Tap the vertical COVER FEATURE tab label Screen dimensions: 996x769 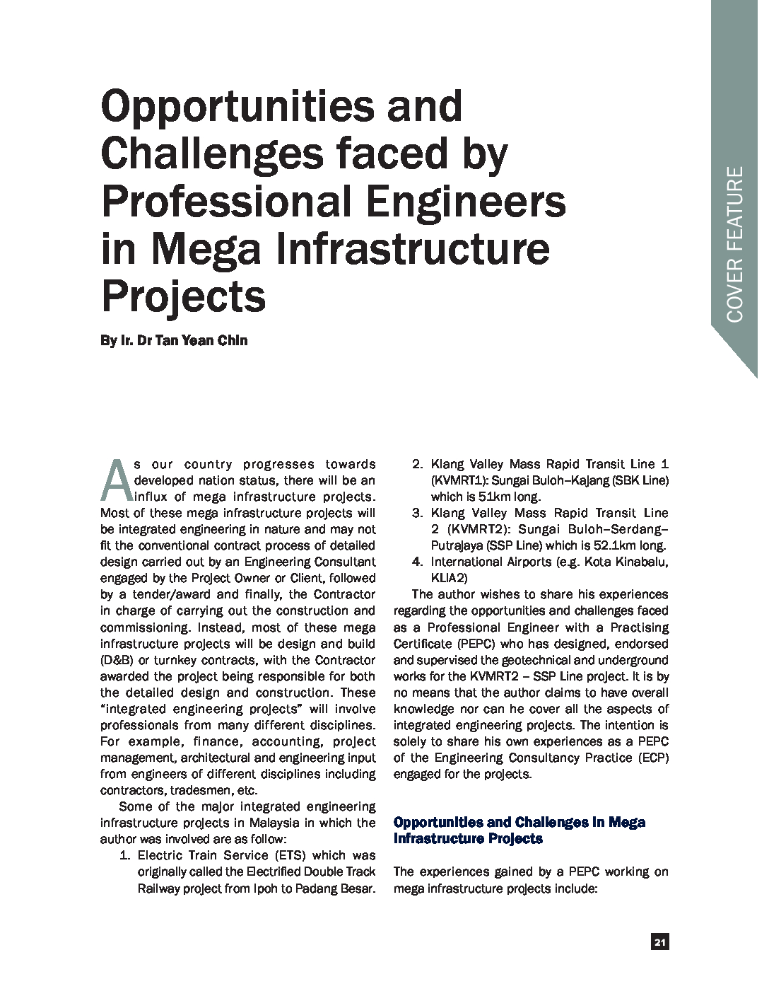tap(735, 244)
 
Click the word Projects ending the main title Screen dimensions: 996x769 tap(184, 296)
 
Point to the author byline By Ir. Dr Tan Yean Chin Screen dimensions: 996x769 tap(174, 340)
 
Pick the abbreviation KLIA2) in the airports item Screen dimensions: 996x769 tap(453, 578)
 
